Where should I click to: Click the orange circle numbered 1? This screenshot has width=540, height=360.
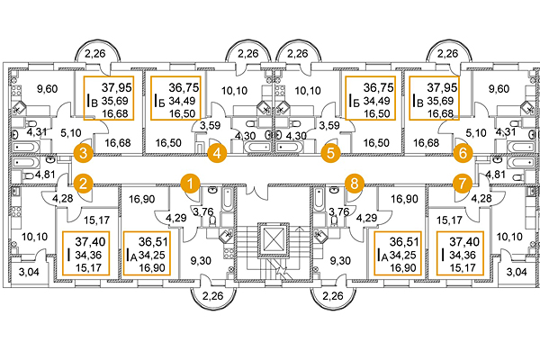click(190, 183)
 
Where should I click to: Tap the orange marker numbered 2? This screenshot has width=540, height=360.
click(83, 183)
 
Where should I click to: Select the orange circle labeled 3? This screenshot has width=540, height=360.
click(83, 153)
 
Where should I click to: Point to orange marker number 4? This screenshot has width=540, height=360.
click(216, 153)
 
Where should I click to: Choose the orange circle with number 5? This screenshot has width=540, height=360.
click(330, 153)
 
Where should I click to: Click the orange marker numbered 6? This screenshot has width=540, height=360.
click(463, 153)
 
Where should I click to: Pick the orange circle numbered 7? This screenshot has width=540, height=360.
click(463, 183)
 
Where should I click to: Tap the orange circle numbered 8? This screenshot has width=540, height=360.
click(355, 183)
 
